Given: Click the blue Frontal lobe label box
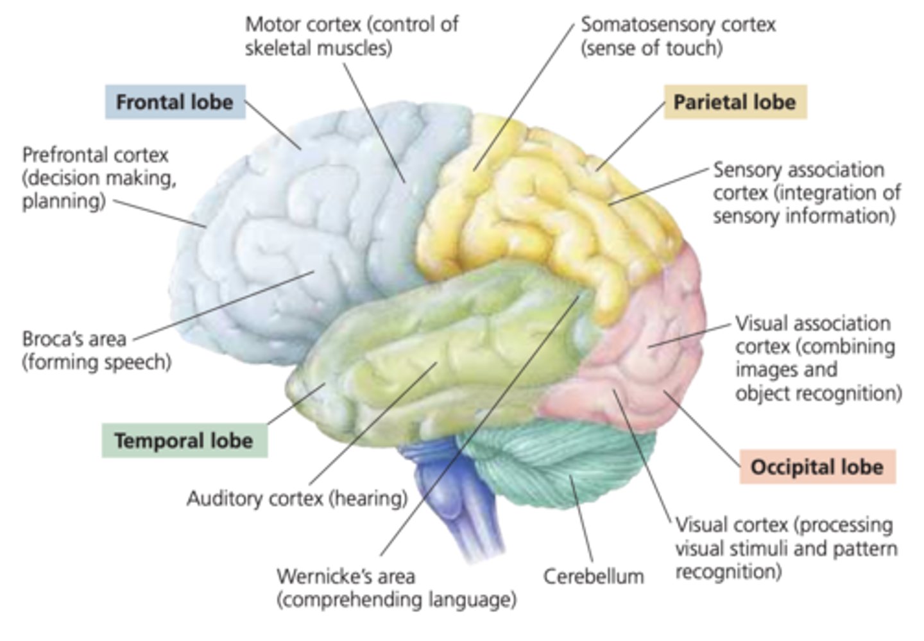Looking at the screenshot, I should [x=175, y=102].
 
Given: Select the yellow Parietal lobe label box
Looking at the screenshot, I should [x=735, y=102].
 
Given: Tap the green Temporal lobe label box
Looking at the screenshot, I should [x=184, y=441].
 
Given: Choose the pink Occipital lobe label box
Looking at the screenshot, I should [x=817, y=467].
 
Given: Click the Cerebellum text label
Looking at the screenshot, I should [x=594, y=576].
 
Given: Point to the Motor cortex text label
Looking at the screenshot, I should [x=351, y=36].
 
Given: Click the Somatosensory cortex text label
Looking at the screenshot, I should [x=678, y=36].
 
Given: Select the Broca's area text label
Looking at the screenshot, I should [x=96, y=350].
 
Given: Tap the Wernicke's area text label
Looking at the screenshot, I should [x=396, y=588].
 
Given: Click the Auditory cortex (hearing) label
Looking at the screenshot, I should [x=297, y=499].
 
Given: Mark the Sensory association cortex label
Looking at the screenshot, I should [x=806, y=192].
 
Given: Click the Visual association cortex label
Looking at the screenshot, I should [x=817, y=357].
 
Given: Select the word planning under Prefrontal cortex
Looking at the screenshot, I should [x=64, y=201].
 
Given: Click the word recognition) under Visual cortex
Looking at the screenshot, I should [x=728, y=571].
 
